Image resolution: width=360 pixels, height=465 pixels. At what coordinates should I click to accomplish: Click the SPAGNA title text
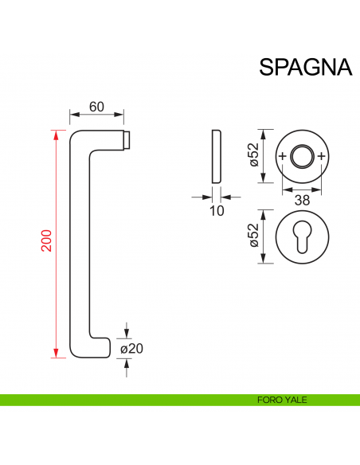click(305, 67)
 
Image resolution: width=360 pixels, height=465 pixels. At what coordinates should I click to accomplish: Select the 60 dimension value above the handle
click(97, 107)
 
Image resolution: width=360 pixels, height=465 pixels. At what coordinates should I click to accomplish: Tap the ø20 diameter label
click(131, 349)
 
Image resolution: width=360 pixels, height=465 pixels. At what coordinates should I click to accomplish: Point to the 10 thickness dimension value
click(216, 210)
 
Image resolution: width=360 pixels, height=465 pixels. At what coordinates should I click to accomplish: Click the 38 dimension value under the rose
click(303, 201)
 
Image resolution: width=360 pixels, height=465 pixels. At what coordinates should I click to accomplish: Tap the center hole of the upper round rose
click(302, 155)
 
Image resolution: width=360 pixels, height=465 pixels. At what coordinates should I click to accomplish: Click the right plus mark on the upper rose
click(322, 155)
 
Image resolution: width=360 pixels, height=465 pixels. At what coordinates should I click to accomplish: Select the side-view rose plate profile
click(216, 155)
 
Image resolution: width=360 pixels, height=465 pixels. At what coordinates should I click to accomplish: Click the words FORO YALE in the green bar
click(283, 401)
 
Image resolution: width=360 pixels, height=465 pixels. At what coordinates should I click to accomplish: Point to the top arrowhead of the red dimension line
click(57, 133)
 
